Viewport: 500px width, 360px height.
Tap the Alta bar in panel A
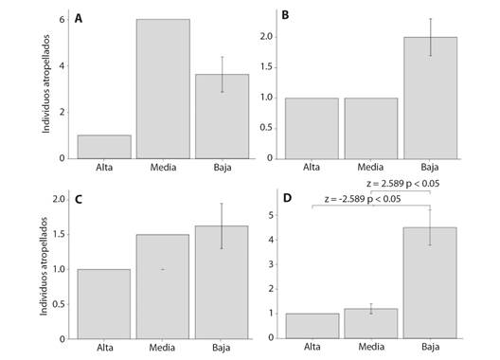coord(104,147)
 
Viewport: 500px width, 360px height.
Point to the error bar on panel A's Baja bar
coord(222,74)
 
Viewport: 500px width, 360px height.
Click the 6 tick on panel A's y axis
coord(62,20)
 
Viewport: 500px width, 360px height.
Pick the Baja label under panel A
coord(222,171)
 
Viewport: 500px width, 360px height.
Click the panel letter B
coord(285,16)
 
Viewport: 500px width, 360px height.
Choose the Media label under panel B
coord(371,171)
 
